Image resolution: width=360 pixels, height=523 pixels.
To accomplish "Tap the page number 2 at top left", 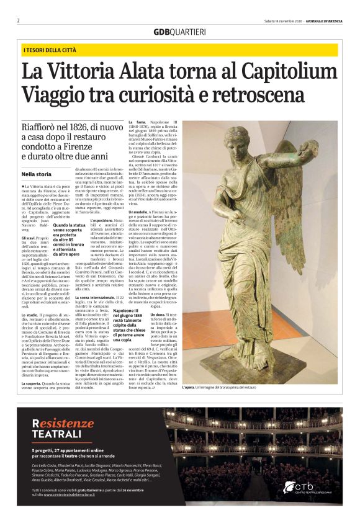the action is pos(19,20).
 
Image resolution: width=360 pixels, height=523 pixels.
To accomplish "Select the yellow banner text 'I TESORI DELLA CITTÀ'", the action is pos(51,49).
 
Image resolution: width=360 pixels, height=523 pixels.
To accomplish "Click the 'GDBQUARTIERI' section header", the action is pos(179,32).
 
